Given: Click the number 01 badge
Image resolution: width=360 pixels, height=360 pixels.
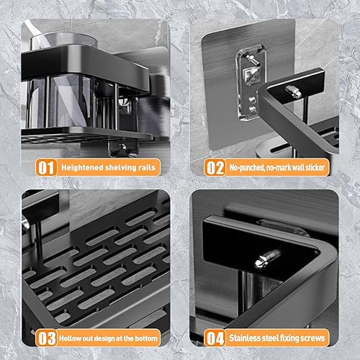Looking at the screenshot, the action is pos(46,167).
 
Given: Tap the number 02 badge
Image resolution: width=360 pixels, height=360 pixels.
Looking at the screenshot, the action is pos(215,167).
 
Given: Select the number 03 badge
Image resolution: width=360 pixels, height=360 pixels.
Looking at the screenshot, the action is pos(46,338).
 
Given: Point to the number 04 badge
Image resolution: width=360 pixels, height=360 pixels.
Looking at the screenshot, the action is pos(215,338).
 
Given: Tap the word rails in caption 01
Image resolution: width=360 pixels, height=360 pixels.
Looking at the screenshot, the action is pos(147,167).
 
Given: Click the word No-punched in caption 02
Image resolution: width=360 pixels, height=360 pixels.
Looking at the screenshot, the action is pos(247,168).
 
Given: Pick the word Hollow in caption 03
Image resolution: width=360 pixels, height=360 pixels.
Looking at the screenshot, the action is pos(68,338).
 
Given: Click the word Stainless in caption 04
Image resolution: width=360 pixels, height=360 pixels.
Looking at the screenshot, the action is pos(245,338).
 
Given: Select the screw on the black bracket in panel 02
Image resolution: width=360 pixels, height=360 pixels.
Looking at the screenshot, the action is pos(294,91).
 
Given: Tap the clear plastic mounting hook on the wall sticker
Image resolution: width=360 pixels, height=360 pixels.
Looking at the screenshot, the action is pos(251,83).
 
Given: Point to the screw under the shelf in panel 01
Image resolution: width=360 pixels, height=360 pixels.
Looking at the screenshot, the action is pos(122,146).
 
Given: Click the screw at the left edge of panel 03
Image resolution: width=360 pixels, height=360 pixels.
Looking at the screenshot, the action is pos(25,224).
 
